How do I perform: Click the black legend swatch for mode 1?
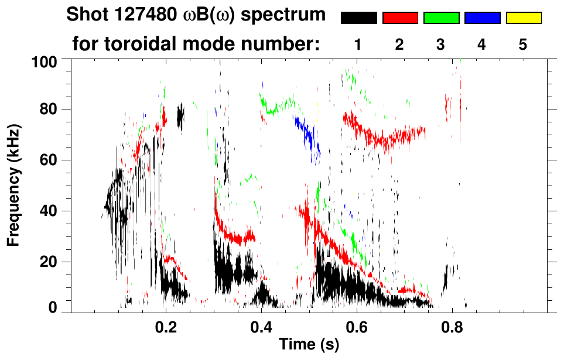pyautogui.click(x=358, y=18)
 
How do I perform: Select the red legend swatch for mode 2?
pyautogui.click(x=399, y=18)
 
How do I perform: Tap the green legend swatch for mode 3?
pyautogui.click(x=441, y=18)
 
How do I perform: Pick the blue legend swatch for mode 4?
pyautogui.click(x=482, y=18)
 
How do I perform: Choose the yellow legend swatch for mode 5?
pyautogui.click(x=523, y=18)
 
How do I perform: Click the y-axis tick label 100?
pyautogui.click(x=45, y=61)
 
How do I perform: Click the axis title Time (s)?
pyautogui.click(x=309, y=345)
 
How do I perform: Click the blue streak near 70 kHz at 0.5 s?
pyautogui.click(x=307, y=134)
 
